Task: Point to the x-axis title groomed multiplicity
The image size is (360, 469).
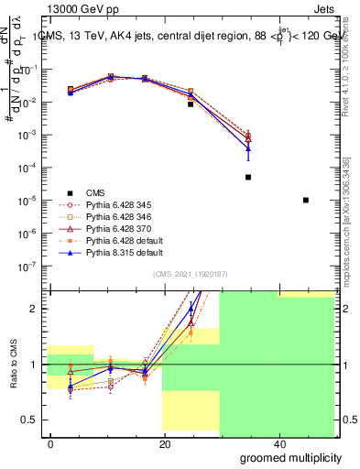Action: tap(289, 457)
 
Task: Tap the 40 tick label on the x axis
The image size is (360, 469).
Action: tap(278, 444)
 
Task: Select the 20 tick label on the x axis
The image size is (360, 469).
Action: tap(164, 444)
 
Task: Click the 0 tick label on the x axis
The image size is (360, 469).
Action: tap(51, 444)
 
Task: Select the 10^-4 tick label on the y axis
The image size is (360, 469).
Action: tap(27, 168)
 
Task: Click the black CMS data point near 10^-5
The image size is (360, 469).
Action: tap(305, 200)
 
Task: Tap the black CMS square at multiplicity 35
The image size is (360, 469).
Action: tap(248, 177)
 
